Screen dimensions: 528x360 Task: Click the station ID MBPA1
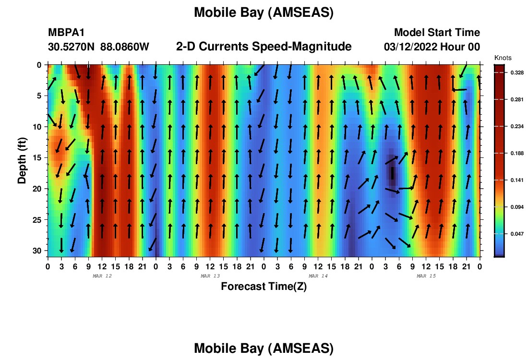[66, 32]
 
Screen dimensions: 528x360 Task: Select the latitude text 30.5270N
[71, 47]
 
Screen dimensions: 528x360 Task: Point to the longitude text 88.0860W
[125, 47]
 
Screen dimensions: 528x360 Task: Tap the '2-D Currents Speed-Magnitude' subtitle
[264, 47]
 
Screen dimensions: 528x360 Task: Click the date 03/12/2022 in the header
[410, 47]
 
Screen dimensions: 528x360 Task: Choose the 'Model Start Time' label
[437, 32]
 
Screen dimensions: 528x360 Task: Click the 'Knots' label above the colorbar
[503, 58]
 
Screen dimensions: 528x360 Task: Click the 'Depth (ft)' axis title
[22, 161]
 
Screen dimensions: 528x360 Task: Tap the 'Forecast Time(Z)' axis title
[264, 287]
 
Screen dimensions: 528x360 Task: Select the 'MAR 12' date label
[102, 276]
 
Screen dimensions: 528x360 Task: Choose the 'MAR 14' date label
[318, 276]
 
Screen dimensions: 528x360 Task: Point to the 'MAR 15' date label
[426, 276]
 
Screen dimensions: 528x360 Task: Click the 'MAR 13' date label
[210, 276]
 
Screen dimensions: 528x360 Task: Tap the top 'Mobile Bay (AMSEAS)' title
[264, 13]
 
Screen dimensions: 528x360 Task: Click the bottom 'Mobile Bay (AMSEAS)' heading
[264, 348]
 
